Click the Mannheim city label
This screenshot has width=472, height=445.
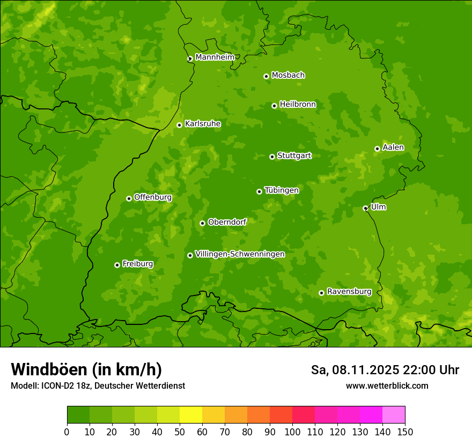pos(215,57)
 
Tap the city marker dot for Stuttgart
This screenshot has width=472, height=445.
pos(272,157)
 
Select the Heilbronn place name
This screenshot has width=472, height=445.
pos(298,105)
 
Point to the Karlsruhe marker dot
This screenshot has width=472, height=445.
pos(179,125)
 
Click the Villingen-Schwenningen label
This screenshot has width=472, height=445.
pos(240,254)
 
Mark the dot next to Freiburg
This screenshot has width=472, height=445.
pos(117,265)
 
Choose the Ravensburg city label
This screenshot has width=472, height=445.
pos(349,292)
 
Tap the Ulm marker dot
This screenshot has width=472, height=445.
pos(365,208)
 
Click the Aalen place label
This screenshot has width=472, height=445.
pos(393,147)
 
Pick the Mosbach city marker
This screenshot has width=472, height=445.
pos(266,76)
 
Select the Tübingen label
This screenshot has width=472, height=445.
pos(282,190)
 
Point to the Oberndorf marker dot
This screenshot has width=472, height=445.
pos(202,223)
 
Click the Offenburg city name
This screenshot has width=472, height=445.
pos(153,197)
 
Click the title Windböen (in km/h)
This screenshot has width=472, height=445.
pos(86,369)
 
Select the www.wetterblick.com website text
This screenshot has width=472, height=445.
pos(387,386)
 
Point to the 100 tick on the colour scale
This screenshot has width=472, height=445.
pos(292,432)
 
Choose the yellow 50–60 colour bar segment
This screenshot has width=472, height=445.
pos(191,415)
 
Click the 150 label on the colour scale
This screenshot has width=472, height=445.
pos(405,432)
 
